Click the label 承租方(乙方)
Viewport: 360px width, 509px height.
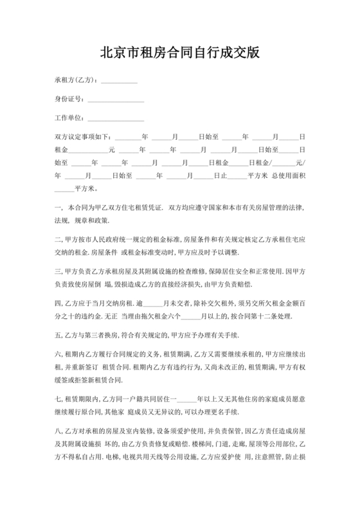point(76,80)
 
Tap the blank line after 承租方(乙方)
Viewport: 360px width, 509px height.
point(120,82)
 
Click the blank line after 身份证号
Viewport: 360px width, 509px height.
point(116,101)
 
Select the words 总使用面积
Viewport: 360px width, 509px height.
point(289,175)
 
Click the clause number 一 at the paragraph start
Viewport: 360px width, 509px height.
point(57,209)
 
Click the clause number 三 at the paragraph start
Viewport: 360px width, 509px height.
point(57,271)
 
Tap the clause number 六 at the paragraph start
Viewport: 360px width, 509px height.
point(57,354)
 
